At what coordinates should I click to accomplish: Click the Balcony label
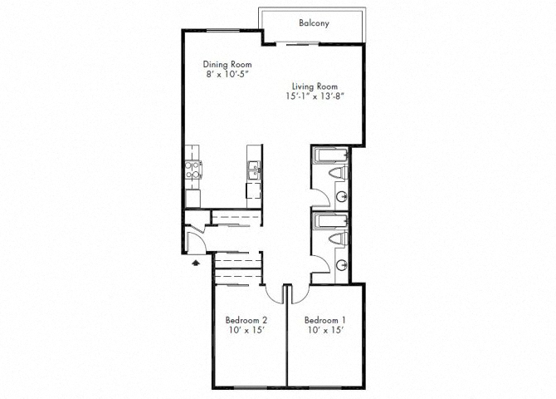315,23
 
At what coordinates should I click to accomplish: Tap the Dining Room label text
227,65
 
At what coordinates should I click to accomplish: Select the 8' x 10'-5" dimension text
227,75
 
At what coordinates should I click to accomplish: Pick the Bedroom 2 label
246,320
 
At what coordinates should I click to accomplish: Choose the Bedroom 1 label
324,320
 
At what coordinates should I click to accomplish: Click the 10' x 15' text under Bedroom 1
324,331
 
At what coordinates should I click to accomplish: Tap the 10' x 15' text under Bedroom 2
246,331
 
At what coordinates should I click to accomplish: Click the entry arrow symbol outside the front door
195,261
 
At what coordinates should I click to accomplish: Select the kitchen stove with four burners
193,170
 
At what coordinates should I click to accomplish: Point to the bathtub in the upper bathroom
330,155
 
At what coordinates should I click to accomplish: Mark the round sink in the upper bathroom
343,196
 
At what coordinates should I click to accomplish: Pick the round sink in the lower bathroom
343,264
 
